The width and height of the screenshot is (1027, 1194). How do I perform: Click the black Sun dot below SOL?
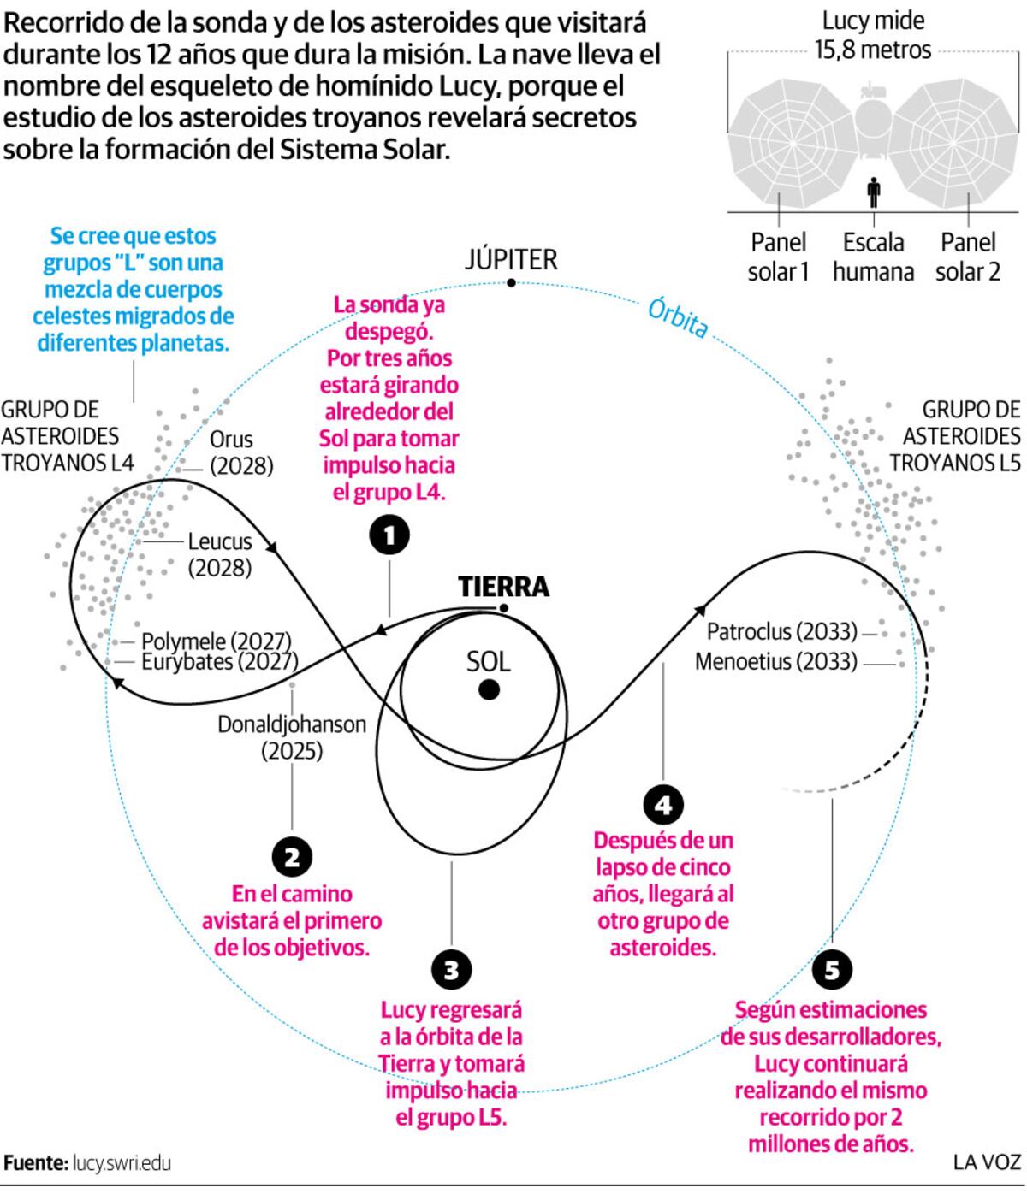(x=489, y=689)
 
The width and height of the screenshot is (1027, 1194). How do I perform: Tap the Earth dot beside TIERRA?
(x=503, y=607)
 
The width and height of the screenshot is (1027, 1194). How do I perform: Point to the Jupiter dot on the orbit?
(x=511, y=282)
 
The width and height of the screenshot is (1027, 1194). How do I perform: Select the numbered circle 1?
(x=389, y=535)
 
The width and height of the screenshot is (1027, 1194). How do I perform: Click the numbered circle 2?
(x=292, y=857)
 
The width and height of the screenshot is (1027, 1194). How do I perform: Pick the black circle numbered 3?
(x=451, y=970)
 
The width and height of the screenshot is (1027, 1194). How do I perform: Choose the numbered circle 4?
(x=663, y=805)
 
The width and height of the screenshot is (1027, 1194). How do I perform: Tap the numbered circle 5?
(x=832, y=970)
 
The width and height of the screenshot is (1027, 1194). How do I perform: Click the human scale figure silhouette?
(x=873, y=192)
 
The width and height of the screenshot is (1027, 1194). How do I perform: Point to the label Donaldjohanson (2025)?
(x=292, y=737)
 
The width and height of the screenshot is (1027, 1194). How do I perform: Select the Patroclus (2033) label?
(x=782, y=631)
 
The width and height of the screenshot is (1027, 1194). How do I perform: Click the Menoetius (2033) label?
(x=776, y=661)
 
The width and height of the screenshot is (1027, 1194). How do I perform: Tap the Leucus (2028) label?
(x=220, y=554)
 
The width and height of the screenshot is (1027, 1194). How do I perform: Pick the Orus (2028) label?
(x=241, y=452)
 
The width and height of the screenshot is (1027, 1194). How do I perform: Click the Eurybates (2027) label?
(x=220, y=662)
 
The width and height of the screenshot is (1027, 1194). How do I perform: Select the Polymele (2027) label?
(x=217, y=641)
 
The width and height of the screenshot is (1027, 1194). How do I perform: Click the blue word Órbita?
(x=677, y=317)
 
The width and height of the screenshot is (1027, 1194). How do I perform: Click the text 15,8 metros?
(x=873, y=50)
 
